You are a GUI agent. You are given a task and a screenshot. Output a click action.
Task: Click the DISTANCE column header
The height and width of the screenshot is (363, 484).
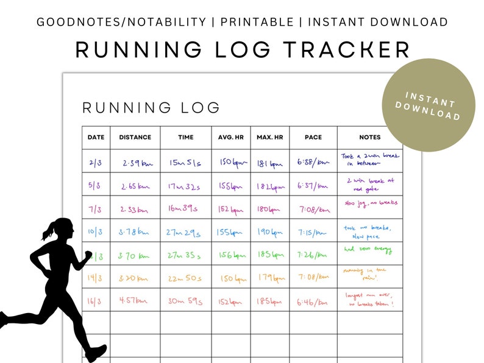tap(135, 138)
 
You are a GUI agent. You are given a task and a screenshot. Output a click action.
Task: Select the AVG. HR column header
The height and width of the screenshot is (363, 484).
tap(230, 138)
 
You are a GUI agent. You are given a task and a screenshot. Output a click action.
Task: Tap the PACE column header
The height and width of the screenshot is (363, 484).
tap(313, 138)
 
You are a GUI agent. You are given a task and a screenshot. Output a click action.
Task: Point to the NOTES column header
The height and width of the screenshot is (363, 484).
tap(370, 138)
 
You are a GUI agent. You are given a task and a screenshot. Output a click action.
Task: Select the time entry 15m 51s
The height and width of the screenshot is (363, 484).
tap(185, 163)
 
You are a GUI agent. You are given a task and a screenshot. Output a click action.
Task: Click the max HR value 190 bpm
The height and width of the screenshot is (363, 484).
tap(269, 232)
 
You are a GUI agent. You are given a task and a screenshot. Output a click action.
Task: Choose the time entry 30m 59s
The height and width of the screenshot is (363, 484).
tap(186, 301)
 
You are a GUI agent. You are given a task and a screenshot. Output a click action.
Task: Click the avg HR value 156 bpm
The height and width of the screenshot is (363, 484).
tap(230, 255)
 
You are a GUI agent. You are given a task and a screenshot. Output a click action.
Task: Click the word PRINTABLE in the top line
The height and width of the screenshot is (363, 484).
tap(257, 23)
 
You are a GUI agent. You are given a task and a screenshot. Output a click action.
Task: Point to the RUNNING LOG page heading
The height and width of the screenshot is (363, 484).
tap(151, 108)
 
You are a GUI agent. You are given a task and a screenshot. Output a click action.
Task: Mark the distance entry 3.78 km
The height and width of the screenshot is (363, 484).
tap(135, 232)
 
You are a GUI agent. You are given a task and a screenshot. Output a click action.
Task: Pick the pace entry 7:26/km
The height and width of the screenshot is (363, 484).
tap(313, 255)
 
